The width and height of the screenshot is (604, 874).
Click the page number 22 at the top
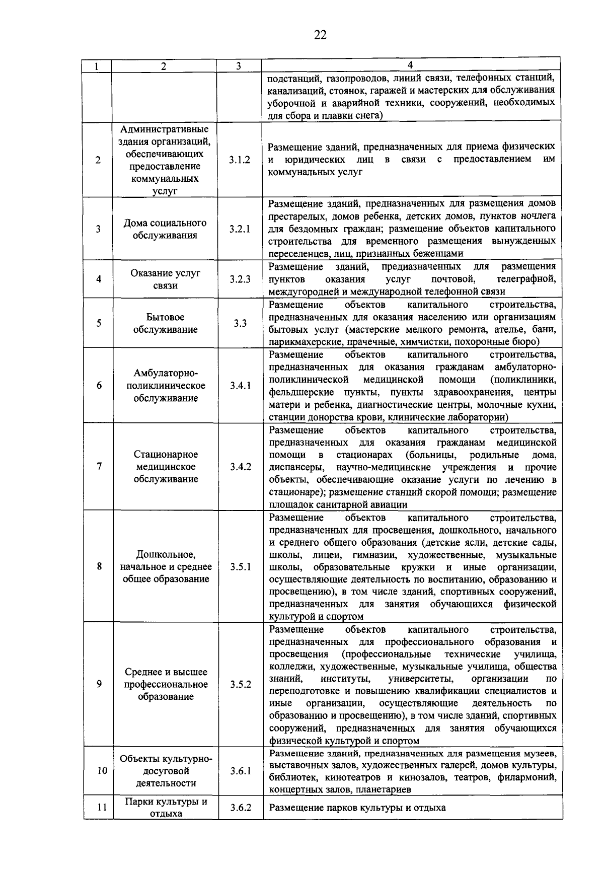tap(320, 35)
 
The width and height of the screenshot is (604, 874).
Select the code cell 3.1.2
tap(240, 160)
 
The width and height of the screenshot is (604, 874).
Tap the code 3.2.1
tap(240, 229)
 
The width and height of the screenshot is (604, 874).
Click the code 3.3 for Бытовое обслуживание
tap(240, 323)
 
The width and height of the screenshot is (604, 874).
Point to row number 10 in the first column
tap(102, 771)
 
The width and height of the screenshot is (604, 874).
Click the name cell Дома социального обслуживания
tap(165, 229)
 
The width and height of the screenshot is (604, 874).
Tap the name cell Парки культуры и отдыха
tap(166, 808)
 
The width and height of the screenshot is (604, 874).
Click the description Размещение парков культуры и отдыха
tap(357, 808)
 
